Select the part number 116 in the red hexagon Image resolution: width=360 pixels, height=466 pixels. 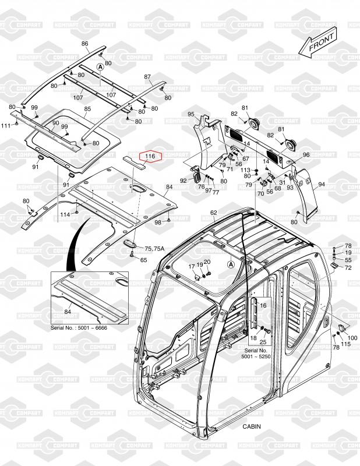pyautogui.click(x=150, y=156)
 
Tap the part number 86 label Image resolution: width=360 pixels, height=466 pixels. pyautogui.click(x=85, y=44)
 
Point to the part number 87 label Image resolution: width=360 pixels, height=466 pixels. pyautogui.click(x=147, y=77)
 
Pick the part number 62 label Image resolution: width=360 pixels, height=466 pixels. pyautogui.click(x=213, y=213)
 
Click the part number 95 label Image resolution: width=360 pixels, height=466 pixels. pyautogui.click(x=190, y=114)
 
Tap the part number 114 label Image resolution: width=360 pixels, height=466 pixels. pyautogui.click(x=65, y=214)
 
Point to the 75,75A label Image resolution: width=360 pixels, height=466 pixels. pyautogui.click(x=155, y=249)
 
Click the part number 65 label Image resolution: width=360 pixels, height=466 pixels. pyautogui.click(x=143, y=259)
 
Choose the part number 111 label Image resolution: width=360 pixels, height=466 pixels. pyautogui.click(x=5, y=126)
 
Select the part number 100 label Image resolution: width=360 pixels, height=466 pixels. pyautogui.click(x=352, y=338)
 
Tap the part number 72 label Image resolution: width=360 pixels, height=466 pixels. pyautogui.click(x=348, y=268)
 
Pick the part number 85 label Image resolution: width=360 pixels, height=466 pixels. pyautogui.click(x=88, y=109)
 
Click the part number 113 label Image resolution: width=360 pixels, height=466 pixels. pyautogui.click(x=246, y=170)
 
